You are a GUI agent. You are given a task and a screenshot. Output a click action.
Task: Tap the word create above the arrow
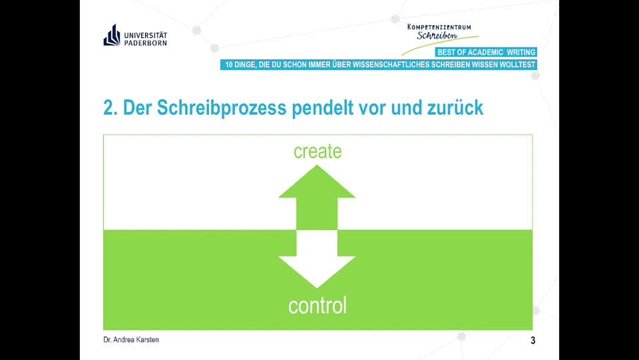coord(318,151)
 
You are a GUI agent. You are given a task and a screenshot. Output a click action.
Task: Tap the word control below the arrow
coord(318,305)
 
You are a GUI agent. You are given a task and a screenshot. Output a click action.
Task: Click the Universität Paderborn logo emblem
coord(112,35)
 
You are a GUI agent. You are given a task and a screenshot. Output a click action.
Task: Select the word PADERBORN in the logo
coord(146,43)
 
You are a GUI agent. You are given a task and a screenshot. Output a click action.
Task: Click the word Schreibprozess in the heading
coord(221,108)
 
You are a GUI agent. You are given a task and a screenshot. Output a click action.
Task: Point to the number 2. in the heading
coord(110,108)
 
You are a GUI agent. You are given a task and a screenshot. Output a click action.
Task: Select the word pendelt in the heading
coord(323,108)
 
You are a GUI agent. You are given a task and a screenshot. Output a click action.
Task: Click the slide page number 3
coord(533,340)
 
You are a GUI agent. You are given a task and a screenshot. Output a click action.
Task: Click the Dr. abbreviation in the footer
coord(107,340)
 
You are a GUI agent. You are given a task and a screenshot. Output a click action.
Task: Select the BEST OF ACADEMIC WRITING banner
coord(486,52)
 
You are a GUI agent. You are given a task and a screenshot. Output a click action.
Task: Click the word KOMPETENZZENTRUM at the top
coord(439,28)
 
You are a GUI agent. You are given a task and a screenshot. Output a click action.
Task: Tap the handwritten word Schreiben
coord(437,35)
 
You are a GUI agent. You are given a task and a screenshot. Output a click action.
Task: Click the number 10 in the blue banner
coord(229,65)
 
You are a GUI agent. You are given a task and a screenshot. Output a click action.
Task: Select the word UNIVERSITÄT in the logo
coord(146,35)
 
